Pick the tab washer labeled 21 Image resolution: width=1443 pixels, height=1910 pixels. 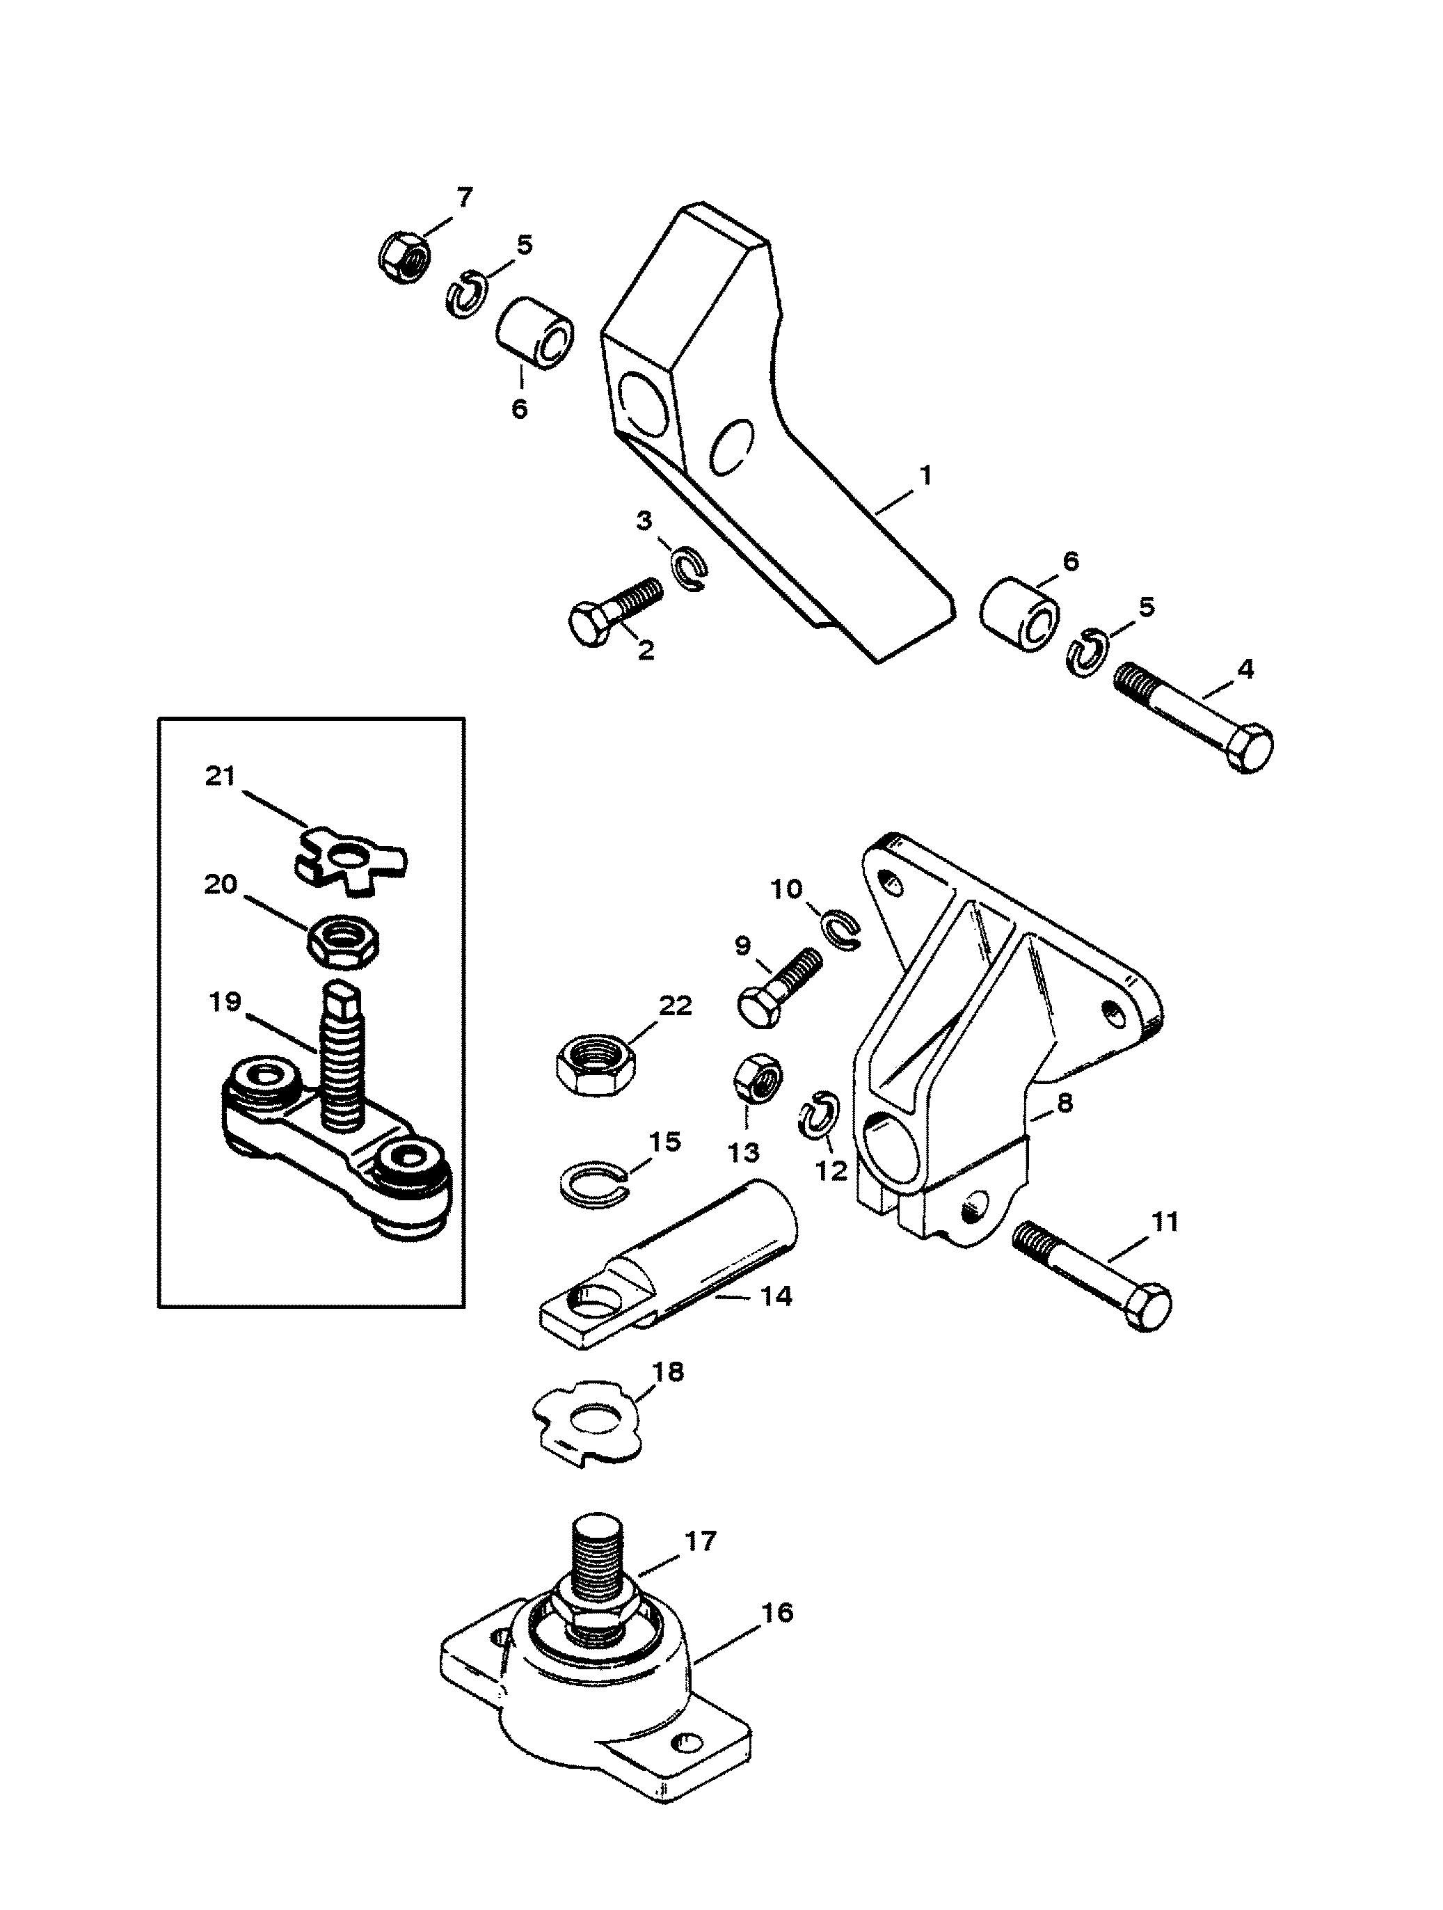point(354,857)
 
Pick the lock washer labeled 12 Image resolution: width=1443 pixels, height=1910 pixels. point(814,1117)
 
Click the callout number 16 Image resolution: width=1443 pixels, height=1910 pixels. point(777,1611)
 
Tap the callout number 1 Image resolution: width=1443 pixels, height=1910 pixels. point(925,474)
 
